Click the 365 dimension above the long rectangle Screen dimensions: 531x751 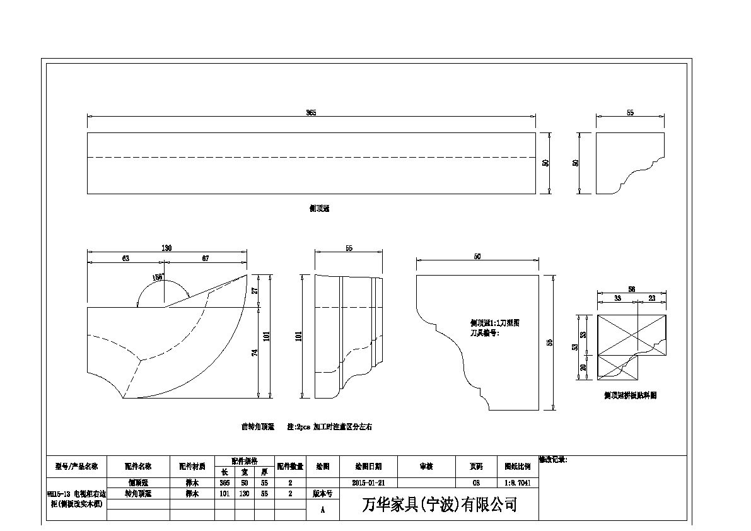click(x=311, y=112)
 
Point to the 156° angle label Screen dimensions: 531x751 click(x=158, y=277)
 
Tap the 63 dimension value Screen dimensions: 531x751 click(x=125, y=258)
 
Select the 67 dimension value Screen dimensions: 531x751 click(x=206, y=258)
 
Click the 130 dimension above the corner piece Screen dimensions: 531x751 click(x=166, y=248)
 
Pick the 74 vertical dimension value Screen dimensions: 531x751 click(x=255, y=353)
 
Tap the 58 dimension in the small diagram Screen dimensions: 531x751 click(x=631, y=289)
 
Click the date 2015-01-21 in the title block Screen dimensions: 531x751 click(x=370, y=482)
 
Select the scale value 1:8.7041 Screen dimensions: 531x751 click(x=518, y=482)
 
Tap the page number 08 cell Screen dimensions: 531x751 click(x=476, y=482)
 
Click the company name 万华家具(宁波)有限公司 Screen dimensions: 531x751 click(x=440, y=505)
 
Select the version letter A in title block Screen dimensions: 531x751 click(x=323, y=510)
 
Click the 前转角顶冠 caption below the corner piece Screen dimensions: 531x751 click(x=257, y=427)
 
